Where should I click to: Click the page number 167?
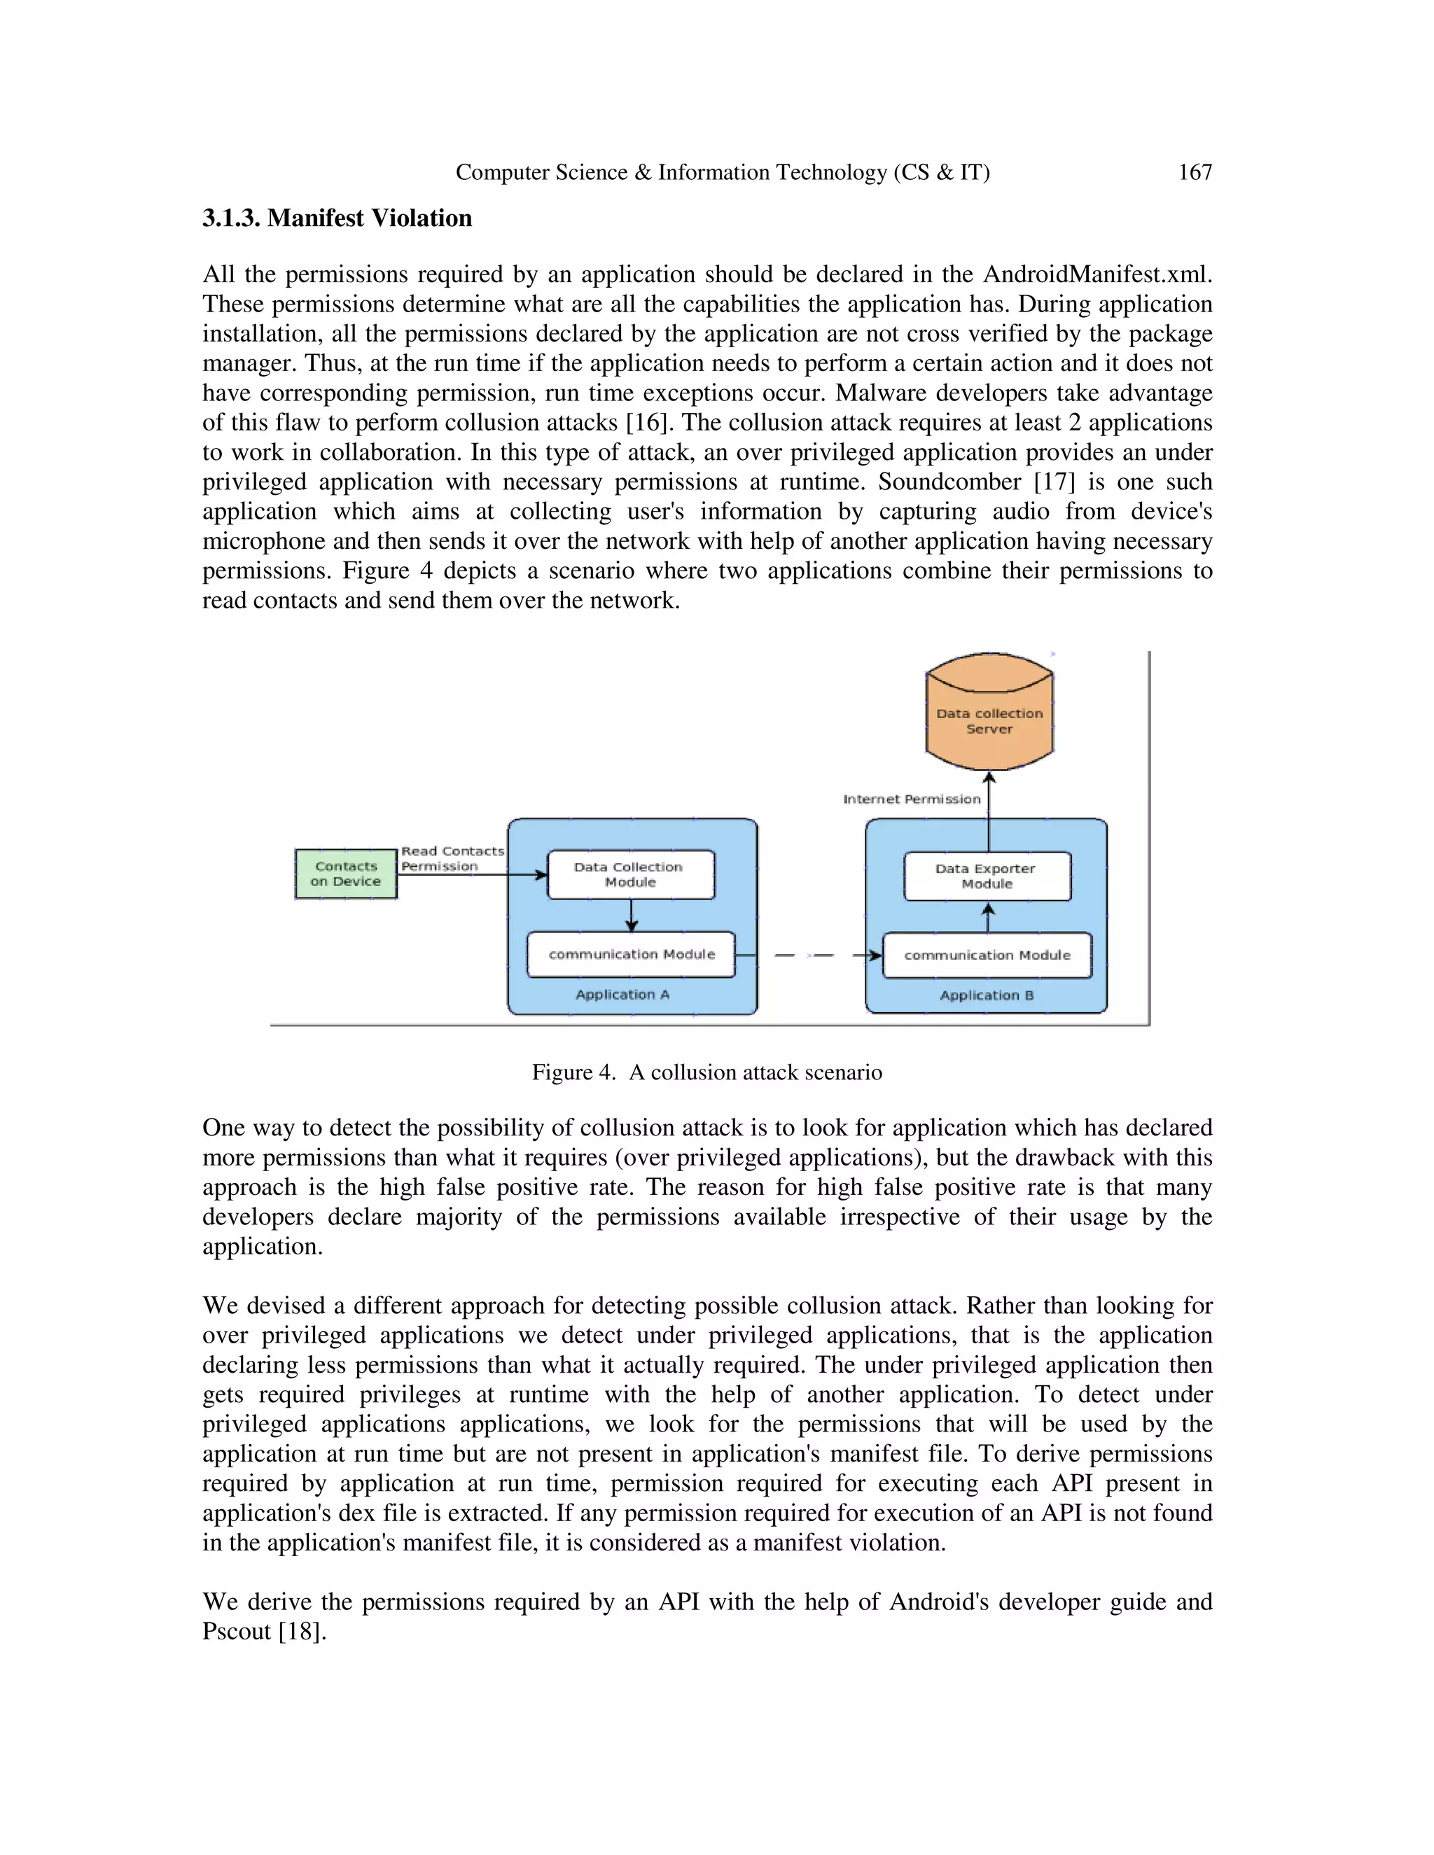coord(1195,172)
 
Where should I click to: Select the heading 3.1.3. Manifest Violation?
coord(337,218)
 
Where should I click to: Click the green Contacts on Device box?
coord(346,874)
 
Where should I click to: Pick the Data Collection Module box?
coord(630,875)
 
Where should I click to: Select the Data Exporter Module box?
coord(987,876)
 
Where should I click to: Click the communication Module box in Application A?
coord(631,955)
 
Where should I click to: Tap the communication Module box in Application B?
coord(987,955)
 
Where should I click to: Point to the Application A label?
coord(622,995)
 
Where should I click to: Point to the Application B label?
coord(987,995)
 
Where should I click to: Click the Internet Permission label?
coord(912,799)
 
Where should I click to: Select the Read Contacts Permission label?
coord(452,859)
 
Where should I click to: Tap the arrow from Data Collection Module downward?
coord(631,916)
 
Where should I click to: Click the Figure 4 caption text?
coord(706,1072)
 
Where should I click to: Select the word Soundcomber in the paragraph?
coord(949,482)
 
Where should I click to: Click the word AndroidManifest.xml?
coord(1097,275)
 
